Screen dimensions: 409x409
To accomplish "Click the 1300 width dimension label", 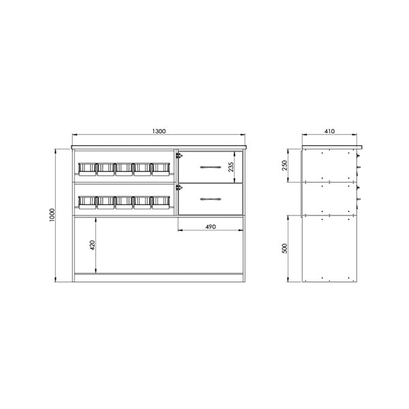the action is point(159,131).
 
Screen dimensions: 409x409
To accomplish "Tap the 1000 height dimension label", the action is point(52,215).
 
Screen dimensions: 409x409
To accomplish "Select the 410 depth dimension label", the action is point(329,131).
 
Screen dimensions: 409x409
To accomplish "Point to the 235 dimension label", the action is point(231,167).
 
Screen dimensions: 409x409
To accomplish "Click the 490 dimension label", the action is point(211,227).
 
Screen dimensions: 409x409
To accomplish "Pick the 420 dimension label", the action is point(93,245).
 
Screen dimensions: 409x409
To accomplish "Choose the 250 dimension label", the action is point(284,165).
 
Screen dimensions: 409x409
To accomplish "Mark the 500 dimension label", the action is point(284,248).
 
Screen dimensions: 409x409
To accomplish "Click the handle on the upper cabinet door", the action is point(211,167).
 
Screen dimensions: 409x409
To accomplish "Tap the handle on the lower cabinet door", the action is point(211,199).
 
